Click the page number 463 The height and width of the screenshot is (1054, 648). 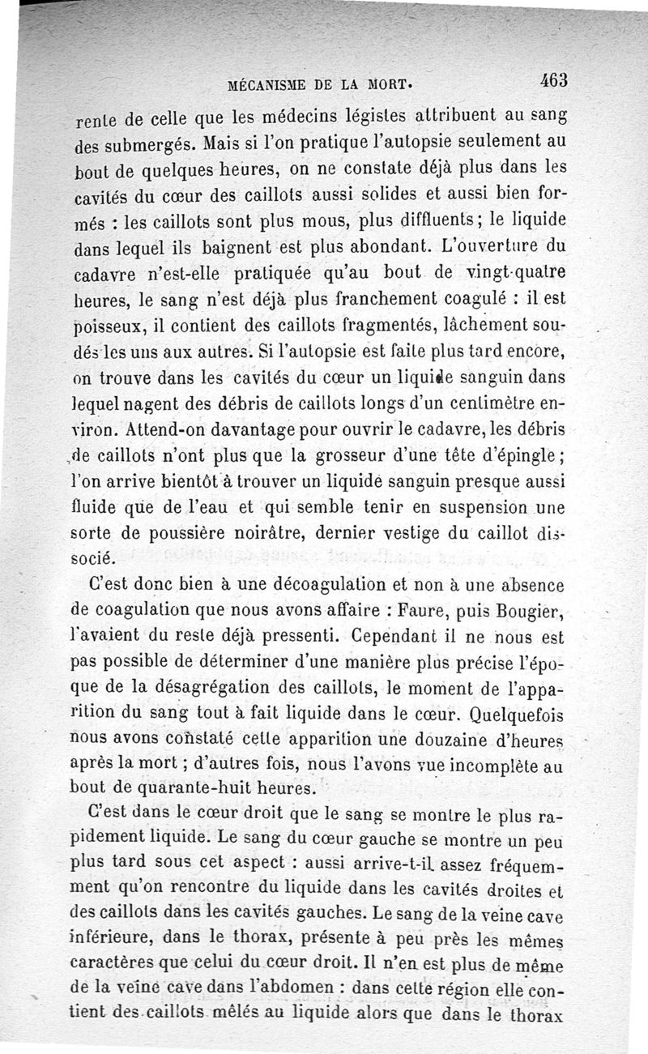point(556,80)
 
